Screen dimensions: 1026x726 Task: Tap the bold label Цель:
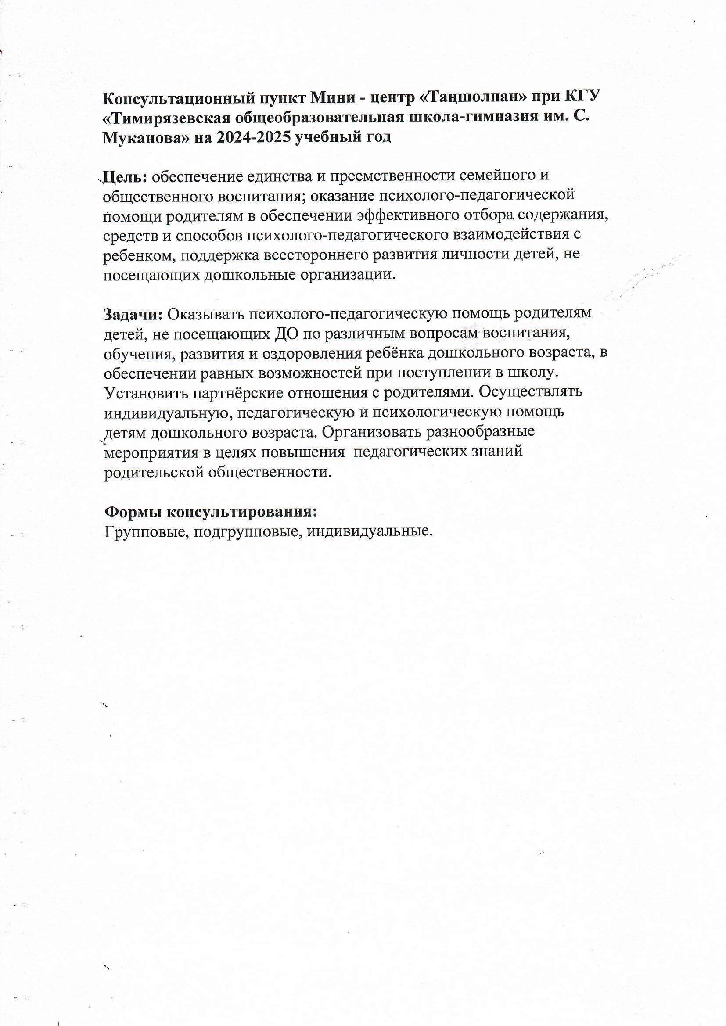click(125, 177)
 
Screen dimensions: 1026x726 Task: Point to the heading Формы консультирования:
click(211, 512)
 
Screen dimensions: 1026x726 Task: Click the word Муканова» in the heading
click(143, 137)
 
